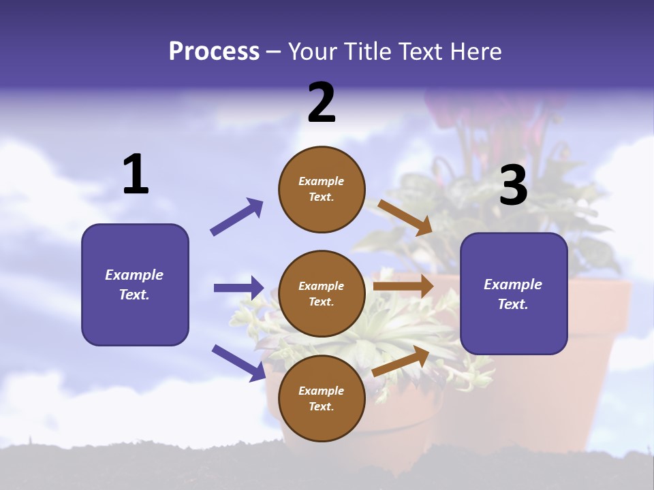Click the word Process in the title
coord(214,52)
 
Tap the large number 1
coord(136,175)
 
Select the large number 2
coord(322,103)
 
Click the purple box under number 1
coord(135,284)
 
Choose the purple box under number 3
coord(514,294)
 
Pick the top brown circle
coord(322,189)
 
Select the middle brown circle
coord(322,294)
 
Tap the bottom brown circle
coord(322,399)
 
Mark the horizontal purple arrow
coord(238,288)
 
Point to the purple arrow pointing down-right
coord(238,363)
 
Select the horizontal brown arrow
coord(403,287)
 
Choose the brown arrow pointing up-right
coord(401,361)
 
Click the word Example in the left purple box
coord(134,275)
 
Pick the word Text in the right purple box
coord(512,304)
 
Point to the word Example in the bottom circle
coord(321,391)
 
